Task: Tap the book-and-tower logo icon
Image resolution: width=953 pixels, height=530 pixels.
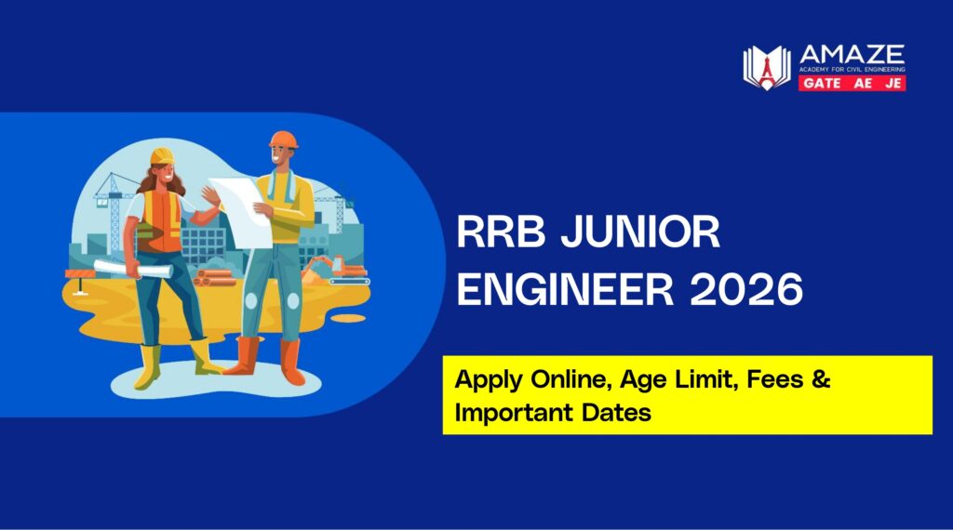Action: [766, 68]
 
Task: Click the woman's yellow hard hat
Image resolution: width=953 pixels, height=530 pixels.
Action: [163, 154]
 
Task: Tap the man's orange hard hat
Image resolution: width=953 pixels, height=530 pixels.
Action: [282, 139]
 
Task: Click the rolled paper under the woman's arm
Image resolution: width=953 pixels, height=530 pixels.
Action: [117, 267]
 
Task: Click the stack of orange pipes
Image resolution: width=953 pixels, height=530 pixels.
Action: [217, 276]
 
